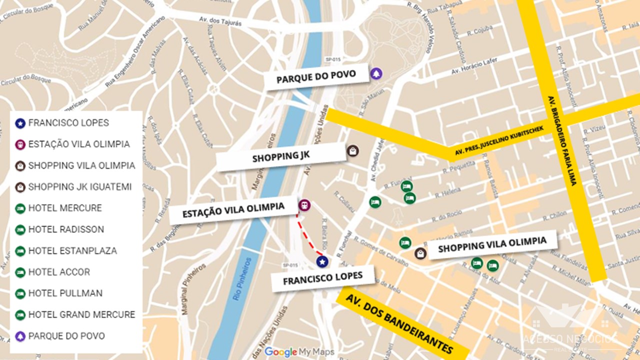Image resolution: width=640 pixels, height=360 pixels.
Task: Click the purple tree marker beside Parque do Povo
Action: coord(376,74)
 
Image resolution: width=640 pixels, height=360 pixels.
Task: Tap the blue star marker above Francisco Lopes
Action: coord(322,261)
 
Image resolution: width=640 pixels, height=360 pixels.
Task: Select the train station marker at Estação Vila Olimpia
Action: coord(303,205)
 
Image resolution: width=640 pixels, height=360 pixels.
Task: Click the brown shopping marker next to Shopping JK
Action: coord(352,150)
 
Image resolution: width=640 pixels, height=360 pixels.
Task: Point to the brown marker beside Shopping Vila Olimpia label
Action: coord(420,253)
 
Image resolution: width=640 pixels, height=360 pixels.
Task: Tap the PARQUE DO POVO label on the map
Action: coord(316,76)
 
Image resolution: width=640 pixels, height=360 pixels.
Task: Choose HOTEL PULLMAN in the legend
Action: coord(65,293)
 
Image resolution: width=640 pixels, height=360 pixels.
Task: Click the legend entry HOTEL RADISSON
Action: coord(66,229)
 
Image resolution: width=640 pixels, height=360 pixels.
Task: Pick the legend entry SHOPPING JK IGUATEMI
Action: coord(79,187)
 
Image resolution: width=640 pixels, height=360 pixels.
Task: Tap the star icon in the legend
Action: coord(20,123)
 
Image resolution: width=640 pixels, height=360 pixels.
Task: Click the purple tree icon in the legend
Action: coord(20,336)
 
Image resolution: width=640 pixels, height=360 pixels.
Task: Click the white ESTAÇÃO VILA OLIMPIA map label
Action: coord(233,210)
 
